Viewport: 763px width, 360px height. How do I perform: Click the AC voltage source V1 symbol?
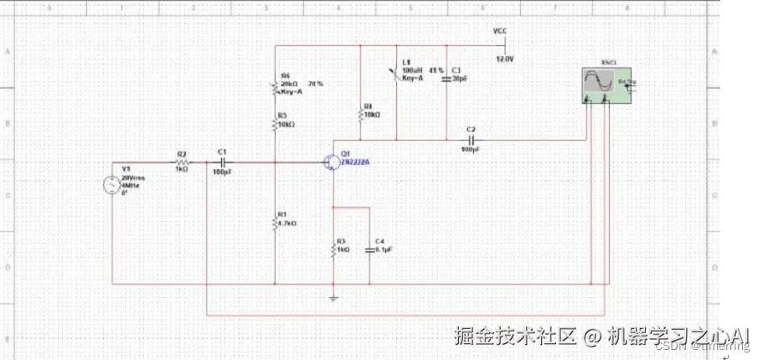pos(111,185)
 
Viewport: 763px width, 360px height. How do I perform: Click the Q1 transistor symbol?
pos(331,162)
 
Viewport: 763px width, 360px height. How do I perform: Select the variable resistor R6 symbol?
pos(275,88)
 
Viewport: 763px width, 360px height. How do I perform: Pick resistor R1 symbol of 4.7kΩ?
pos(275,223)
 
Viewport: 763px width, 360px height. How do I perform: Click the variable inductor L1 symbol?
pos(395,74)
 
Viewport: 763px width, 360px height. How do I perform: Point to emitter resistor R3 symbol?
pos(334,249)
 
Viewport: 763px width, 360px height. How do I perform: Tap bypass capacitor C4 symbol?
pos(369,249)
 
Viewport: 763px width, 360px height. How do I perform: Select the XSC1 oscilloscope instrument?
pos(608,85)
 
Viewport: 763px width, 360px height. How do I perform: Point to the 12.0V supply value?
pos(504,60)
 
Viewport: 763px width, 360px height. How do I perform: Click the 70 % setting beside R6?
pos(316,85)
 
